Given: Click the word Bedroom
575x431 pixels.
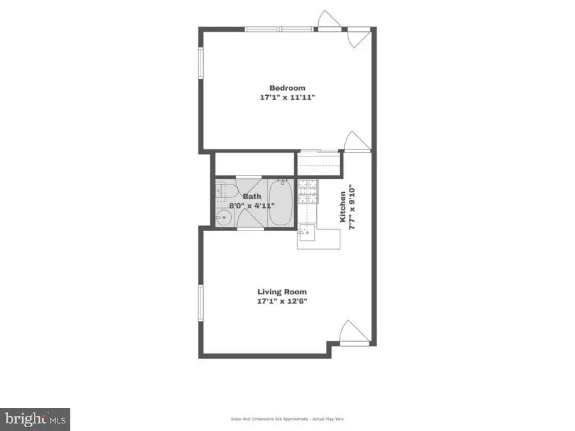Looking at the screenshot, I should pyautogui.click(x=287, y=88).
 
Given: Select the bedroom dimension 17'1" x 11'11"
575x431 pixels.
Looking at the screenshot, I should pyautogui.click(x=287, y=98).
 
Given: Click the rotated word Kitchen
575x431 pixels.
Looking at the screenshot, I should pyautogui.click(x=343, y=207).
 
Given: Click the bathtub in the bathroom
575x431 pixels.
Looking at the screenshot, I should pyautogui.click(x=279, y=202).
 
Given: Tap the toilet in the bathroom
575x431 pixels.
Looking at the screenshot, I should pyautogui.click(x=222, y=191).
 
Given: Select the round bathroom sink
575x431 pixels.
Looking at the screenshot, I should pyautogui.click(x=221, y=218).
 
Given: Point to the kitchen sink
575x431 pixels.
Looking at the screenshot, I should pyautogui.click(x=307, y=234).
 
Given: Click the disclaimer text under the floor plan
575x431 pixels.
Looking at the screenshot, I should pyautogui.click(x=287, y=419).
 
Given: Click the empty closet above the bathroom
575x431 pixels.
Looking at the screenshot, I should pyautogui.click(x=253, y=163).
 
